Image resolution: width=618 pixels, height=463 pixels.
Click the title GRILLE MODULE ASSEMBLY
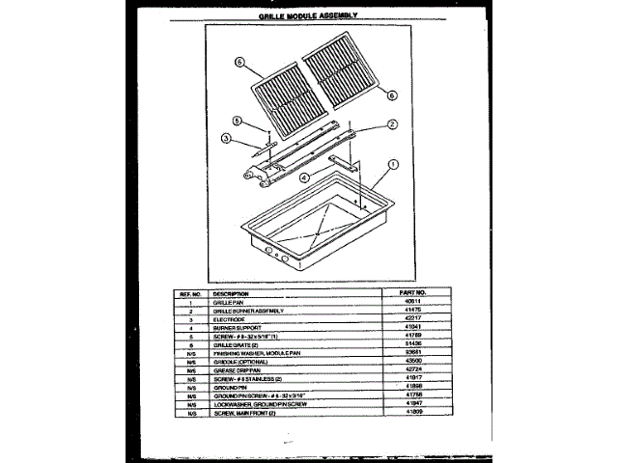click(309, 15)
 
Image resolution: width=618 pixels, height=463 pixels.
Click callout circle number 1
click(393, 164)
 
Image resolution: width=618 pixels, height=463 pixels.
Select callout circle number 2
click(393, 123)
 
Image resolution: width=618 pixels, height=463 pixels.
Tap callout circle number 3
click(224, 138)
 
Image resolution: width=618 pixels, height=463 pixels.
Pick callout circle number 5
click(236, 121)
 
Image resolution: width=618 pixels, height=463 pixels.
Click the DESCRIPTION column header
click(232, 291)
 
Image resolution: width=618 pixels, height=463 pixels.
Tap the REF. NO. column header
click(191, 291)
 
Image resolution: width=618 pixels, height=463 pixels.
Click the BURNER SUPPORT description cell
click(237, 327)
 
